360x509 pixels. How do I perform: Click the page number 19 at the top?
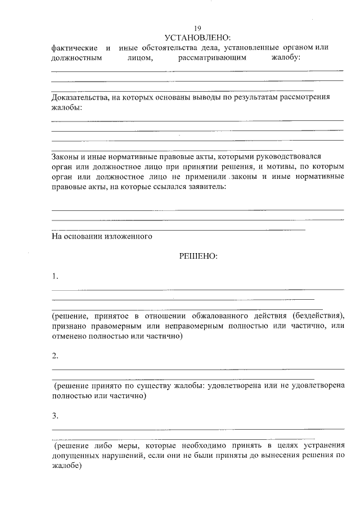(197, 29)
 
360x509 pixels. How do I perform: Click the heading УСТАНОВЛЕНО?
(197, 37)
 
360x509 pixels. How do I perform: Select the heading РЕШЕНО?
(197, 255)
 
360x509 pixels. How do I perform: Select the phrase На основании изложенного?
(102, 237)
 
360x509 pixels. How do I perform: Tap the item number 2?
(55, 356)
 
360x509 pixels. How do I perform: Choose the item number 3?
(55, 416)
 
